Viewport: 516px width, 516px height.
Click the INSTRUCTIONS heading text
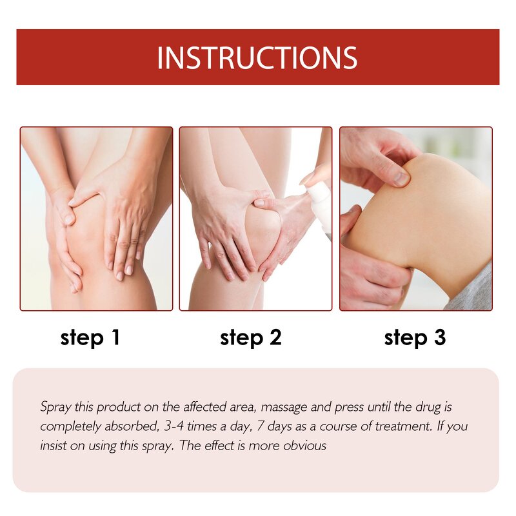pos(257,57)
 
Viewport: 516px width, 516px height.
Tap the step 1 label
pos(90,337)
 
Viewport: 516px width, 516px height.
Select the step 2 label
pos(250,337)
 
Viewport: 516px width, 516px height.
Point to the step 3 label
pos(415,337)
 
